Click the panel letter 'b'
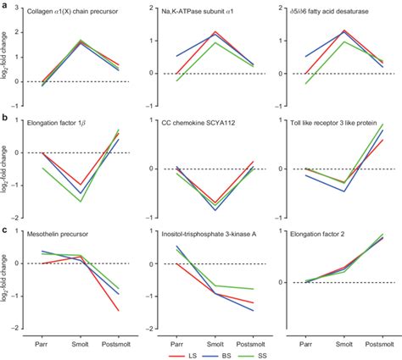coord(5,120)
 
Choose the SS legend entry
coord(263,352)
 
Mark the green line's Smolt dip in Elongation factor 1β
coord(80,201)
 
